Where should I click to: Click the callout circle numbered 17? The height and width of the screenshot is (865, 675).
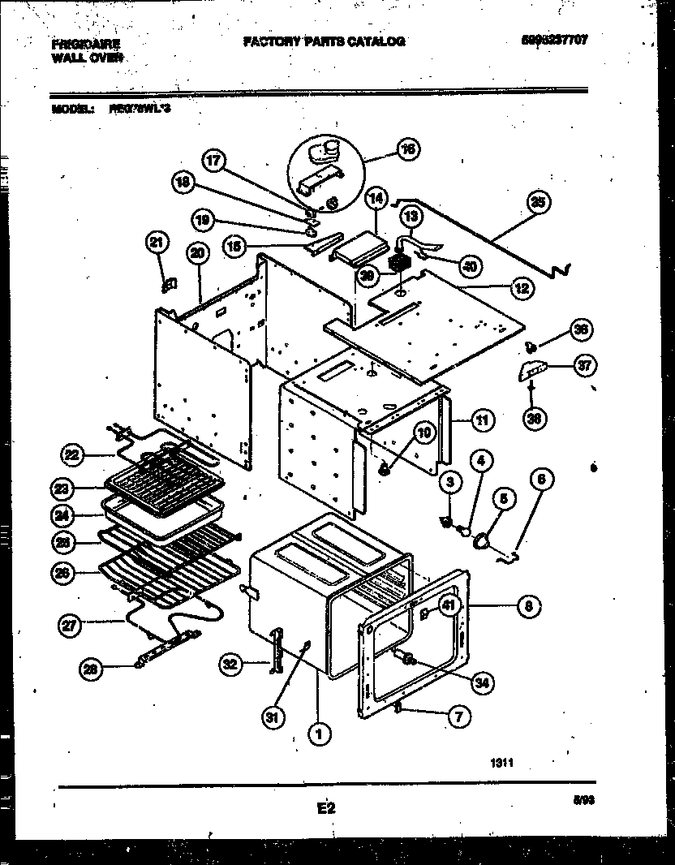pyautogui.click(x=213, y=161)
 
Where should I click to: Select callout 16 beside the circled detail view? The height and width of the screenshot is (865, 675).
pyautogui.click(x=407, y=148)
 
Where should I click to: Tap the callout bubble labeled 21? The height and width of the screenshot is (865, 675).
pyautogui.click(x=157, y=241)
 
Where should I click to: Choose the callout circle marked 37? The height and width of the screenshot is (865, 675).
pyautogui.click(x=583, y=367)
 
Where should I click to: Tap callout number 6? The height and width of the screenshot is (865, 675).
pyautogui.click(x=542, y=480)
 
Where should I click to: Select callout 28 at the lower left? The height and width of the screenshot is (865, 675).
pyautogui.click(x=92, y=669)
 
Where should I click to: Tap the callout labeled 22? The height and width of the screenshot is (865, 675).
pyautogui.click(x=73, y=456)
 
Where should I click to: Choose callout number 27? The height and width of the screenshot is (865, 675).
pyautogui.click(x=71, y=625)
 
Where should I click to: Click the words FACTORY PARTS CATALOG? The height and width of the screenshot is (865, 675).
pyautogui.click(x=324, y=41)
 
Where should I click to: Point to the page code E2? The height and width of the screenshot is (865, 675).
pyautogui.click(x=325, y=808)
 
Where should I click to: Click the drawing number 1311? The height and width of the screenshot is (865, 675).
pyautogui.click(x=502, y=762)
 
